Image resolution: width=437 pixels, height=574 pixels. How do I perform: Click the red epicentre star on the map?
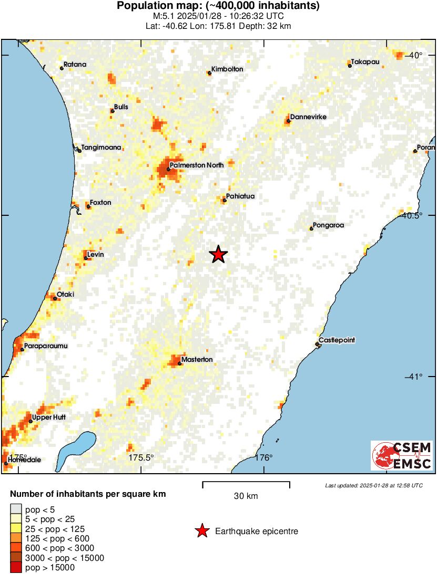click(x=218, y=254)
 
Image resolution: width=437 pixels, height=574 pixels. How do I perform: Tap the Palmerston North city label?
click(x=196, y=165)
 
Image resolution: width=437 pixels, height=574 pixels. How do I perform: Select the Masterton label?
click(x=197, y=359)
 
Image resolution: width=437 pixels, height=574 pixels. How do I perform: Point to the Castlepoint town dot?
click(x=317, y=345)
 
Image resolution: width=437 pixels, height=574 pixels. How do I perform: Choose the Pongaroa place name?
click(x=328, y=225)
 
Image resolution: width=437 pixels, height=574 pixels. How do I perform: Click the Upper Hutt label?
click(x=48, y=418)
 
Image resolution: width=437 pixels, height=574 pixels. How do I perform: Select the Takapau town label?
click(x=365, y=62)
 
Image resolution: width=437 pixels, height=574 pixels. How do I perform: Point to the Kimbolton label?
click(x=228, y=69)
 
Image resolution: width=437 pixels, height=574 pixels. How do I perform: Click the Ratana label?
click(x=75, y=65)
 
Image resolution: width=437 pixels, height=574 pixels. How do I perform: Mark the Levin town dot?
click(x=85, y=258)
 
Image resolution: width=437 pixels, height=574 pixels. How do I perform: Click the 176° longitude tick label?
click(x=263, y=457)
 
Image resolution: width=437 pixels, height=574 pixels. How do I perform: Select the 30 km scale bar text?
click(x=246, y=496)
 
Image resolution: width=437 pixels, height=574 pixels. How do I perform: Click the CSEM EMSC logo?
click(x=402, y=455)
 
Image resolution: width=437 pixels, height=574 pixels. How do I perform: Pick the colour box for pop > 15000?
click(x=16, y=567)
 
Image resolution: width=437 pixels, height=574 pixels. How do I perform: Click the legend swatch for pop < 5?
click(x=16, y=509)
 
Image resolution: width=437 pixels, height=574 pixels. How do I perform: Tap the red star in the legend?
click(x=201, y=531)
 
